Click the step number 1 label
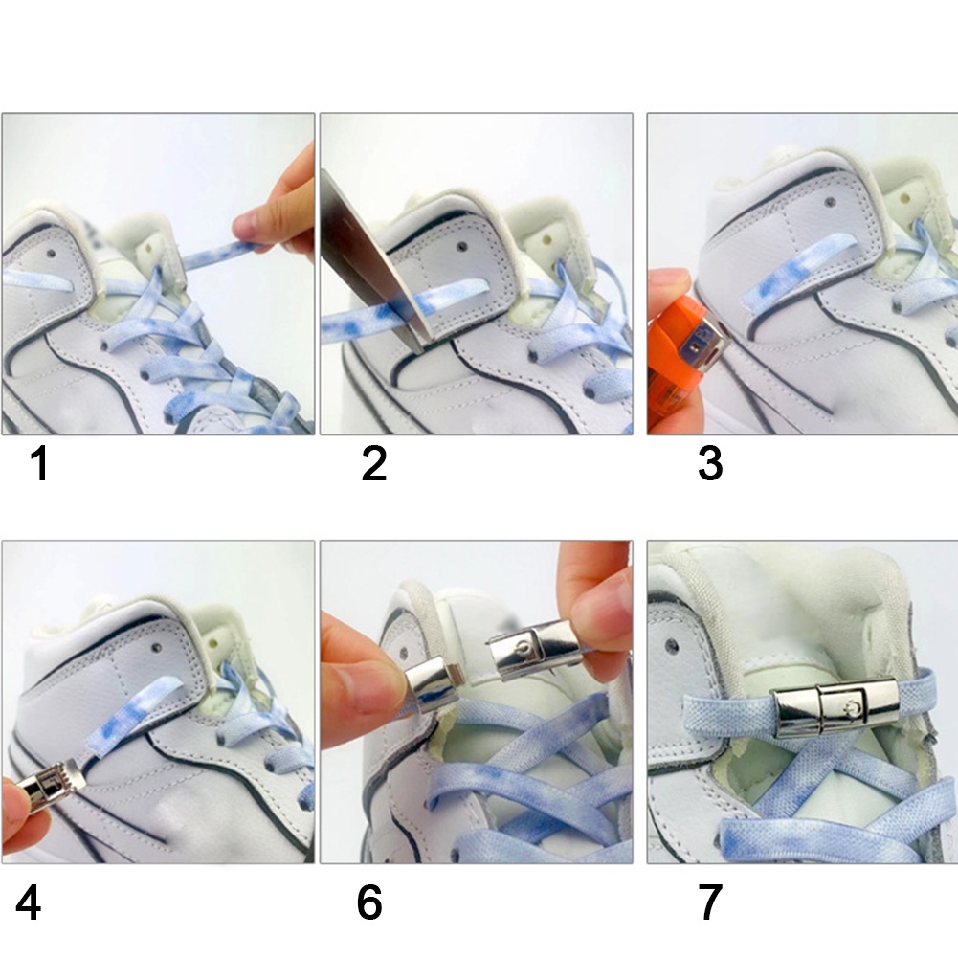(39, 464)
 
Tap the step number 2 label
(374, 464)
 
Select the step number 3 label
(710, 464)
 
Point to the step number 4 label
(28, 902)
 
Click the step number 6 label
(369, 902)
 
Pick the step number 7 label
(710, 902)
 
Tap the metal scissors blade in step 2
(377, 263)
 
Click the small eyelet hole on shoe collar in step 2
(462, 247)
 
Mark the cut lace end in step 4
(92, 742)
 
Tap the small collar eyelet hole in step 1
(50, 254)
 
